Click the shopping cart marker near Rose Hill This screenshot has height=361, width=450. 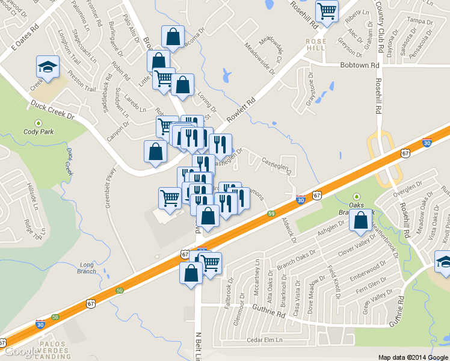tap(327, 10)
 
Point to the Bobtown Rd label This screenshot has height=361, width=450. tap(360, 65)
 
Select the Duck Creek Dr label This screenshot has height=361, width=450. tap(53, 110)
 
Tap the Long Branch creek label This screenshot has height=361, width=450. tap(87, 268)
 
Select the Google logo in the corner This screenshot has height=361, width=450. tap(20, 351)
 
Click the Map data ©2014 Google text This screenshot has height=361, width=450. tap(413, 357)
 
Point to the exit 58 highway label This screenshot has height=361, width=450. tap(55, 316)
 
